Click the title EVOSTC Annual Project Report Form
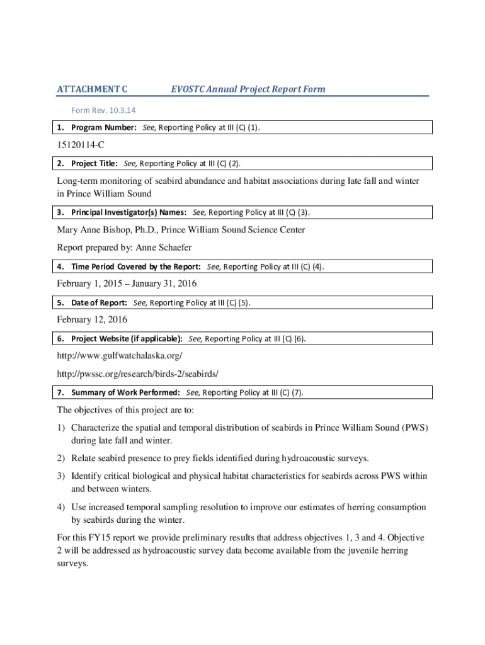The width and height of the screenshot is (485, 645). [x=248, y=89]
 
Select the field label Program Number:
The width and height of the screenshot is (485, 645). [x=103, y=128]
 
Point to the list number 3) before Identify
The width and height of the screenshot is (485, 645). [x=62, y=476]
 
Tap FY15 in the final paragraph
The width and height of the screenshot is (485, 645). [x=101, y=537]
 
